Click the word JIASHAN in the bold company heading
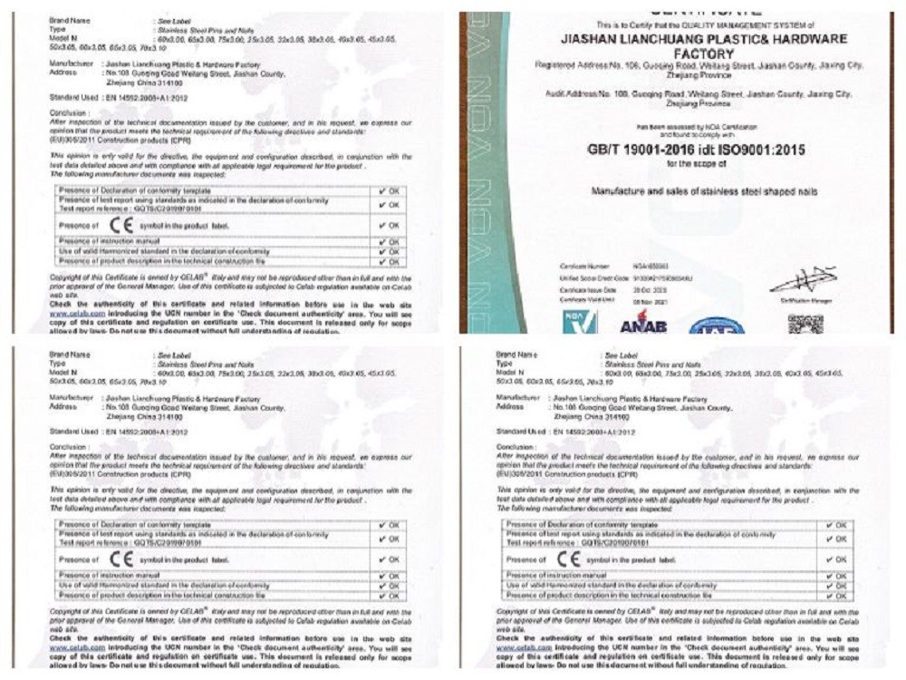click(593, 39)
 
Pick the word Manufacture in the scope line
click(623, 191)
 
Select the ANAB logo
click(643, 325)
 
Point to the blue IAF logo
click(716, 325)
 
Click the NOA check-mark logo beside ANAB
click(580, 322)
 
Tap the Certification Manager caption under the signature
click(801, 298)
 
